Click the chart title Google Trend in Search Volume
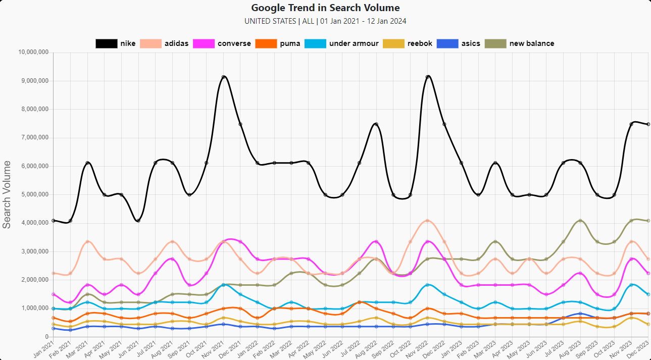coord(325,8)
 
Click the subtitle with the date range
coord(325,21)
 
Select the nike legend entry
coord(116,43)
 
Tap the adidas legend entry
coord(164,43)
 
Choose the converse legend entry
coord(222,43)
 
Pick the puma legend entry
coord(278,43)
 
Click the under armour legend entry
coord(342,43)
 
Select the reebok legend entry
coord(408,43)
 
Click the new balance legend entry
coord(520,43)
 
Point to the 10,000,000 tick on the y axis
coord(33,52)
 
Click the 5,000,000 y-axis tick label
coord(34,194)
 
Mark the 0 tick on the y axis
coord(46,337)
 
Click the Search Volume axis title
coord(7,194)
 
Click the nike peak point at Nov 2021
coord(224,77)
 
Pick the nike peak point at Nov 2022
coord(428,77)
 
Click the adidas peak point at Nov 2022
coord(428,221)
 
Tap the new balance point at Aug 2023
coord(580,221)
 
